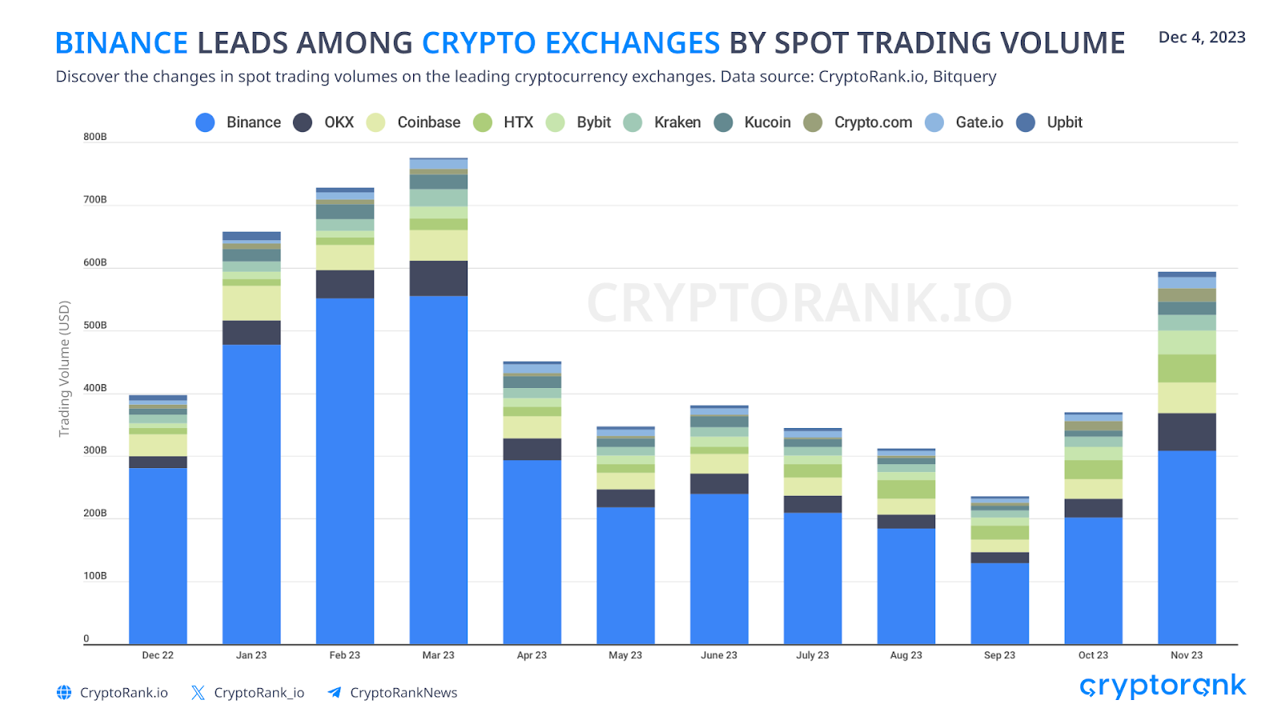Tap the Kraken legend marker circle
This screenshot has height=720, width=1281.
632,122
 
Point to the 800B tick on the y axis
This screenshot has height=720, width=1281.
94,137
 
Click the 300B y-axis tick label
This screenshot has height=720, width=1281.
94,450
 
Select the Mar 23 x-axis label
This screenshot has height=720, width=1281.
438,655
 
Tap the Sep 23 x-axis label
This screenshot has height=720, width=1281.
999,655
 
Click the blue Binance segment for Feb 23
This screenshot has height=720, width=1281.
345,472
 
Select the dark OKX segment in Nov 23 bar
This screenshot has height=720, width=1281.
1187,432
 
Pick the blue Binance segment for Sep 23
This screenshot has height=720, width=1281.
999,604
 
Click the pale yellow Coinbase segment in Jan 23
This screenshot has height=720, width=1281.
251,303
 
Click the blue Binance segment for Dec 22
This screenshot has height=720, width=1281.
158,556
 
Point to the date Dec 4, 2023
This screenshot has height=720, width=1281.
1202,38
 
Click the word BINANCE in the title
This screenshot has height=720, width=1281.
122,43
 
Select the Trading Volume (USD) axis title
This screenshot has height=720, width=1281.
64,369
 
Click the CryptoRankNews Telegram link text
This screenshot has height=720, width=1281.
404,693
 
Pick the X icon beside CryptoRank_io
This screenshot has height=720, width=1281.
198,693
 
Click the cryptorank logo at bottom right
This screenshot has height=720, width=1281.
1163,686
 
